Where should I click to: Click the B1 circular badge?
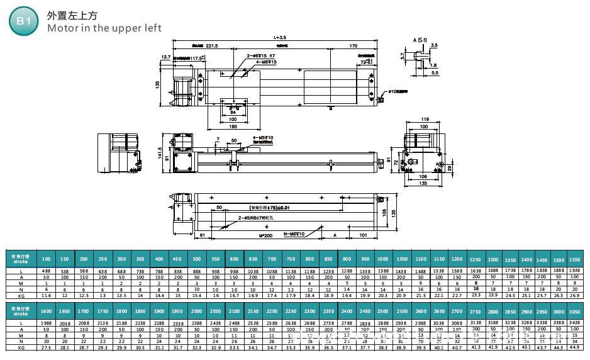[23, 21]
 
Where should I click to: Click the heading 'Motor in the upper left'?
[104, 28]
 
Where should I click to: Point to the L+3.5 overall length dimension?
[280, 38]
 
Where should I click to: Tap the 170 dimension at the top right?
[353, 46]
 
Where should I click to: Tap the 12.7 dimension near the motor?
[166, 57]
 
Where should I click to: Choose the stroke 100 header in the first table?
[46, 259]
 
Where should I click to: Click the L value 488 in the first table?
[46, 271]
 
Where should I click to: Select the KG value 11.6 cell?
[46, 295]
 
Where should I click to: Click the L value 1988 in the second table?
[46, 322]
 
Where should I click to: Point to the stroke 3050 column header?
[574, 311]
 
